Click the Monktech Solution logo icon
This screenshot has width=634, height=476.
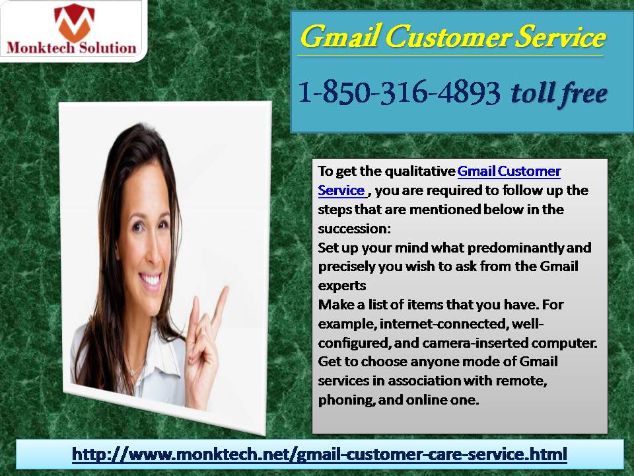coord(74,22)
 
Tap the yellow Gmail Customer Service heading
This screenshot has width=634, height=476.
coord(453,37)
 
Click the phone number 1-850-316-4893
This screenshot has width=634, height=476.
coord(399,93)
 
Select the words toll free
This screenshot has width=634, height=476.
coord(559,94)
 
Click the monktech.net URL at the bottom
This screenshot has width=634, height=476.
coord(320,454)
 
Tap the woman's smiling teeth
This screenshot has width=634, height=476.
coord(151,279)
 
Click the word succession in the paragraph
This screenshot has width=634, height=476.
coord(354,229)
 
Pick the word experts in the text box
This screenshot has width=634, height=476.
coord(342,286)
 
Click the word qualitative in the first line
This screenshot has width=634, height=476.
coord(420,172)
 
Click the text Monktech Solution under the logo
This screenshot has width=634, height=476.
coord(71,48)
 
